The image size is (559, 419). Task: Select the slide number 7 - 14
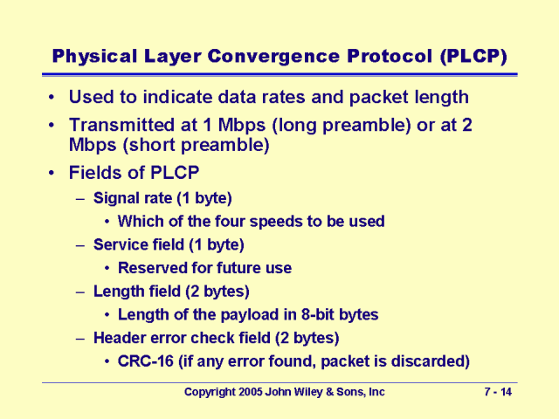(x=497, y=393)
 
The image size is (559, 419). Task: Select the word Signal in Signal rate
(x=117, y=198)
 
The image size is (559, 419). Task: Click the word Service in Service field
(x=121, y=244)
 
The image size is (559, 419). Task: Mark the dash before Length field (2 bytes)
(x=81, y=292)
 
